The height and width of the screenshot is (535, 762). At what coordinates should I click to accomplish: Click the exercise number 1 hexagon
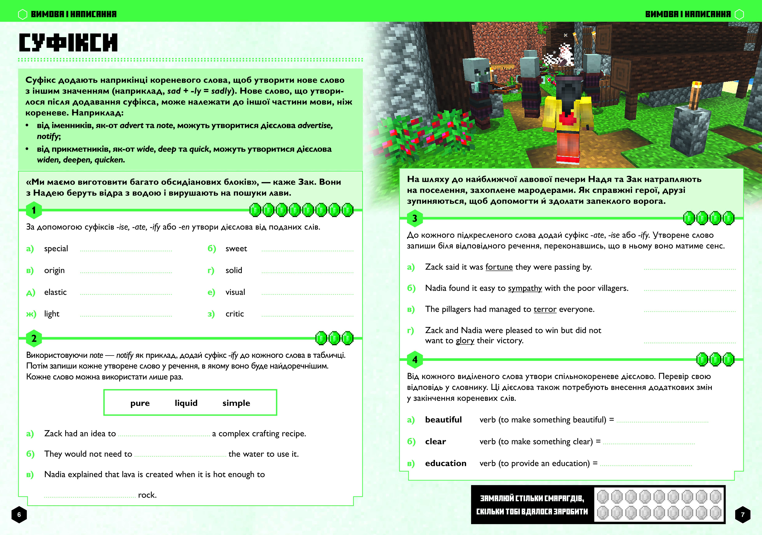tap(33, 210)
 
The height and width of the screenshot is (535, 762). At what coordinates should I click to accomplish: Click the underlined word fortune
tap(499, 267)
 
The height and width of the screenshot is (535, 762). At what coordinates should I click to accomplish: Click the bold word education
tap(445, 463)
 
